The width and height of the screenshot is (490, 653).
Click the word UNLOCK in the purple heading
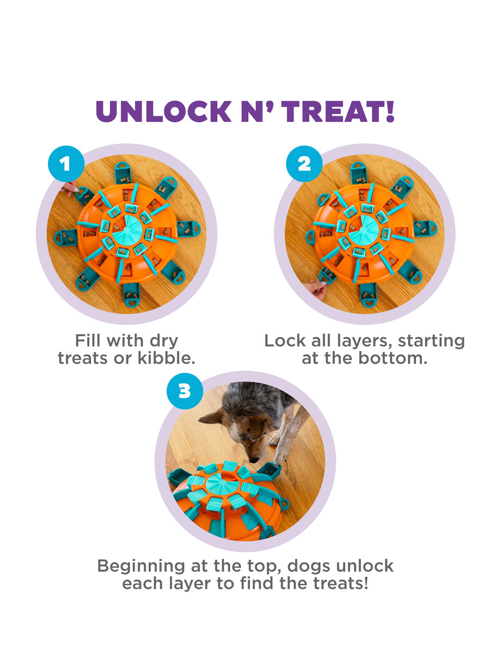coord(163,111)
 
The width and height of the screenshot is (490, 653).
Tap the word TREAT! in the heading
coord(338,111)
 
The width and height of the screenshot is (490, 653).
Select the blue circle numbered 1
coord(66,164)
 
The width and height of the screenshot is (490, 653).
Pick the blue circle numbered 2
coord(304,164)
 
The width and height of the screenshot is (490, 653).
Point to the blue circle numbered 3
coord(185,391)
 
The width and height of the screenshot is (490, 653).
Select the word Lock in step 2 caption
coord(285,340)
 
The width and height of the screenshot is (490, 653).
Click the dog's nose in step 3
coord(254,460)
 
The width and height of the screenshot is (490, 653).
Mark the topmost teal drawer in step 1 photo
coord(123,173)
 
